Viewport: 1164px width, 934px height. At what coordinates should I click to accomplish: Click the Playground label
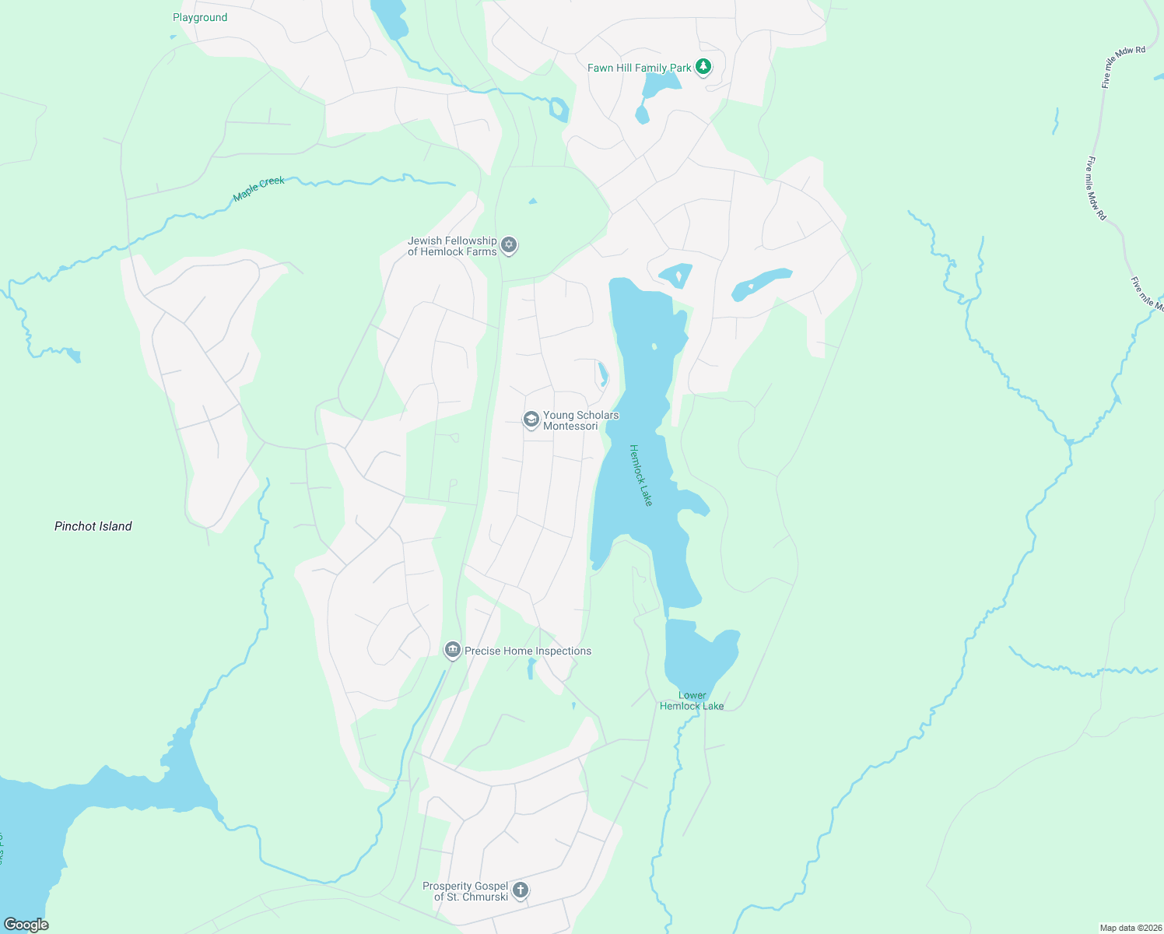coord(200,17)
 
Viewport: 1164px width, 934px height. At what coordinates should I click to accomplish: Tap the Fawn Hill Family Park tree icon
coord(703,67)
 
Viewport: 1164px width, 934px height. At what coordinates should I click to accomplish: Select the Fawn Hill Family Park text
coord(639,68)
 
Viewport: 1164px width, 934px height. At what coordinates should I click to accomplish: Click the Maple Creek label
coord(259,188)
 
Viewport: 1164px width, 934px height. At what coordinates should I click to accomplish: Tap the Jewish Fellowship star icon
coord(509,245)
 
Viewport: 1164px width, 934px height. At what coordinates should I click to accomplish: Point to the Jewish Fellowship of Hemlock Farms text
coord(452,246)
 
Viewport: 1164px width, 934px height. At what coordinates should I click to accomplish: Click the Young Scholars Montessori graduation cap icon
coord(531,420)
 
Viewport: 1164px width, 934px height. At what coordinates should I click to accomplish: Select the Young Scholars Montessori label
coord(580,420)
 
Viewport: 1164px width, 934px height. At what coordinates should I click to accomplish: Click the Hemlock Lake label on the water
coord(640,475)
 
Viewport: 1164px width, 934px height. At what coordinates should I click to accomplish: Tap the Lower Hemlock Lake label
coord(692,700)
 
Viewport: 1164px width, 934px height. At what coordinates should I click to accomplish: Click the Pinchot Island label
coord(93,526)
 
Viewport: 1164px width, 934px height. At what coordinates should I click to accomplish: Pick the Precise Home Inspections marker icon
coord(453,650)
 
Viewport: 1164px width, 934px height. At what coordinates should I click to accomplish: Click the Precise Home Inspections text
coord(528,651)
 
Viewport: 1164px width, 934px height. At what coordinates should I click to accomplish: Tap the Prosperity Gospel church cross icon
coord(521,890)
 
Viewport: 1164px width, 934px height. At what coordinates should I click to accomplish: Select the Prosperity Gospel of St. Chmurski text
coord(465,891)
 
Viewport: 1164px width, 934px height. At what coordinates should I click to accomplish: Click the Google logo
coord(26,925)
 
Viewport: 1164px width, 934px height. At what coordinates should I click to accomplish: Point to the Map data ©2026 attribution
coord(1129,928)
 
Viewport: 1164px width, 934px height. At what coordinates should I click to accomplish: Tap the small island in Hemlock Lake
coord(654,346)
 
